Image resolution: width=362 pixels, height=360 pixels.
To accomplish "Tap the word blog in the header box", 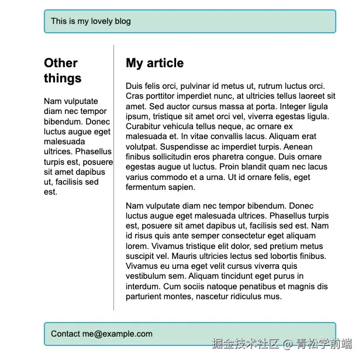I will [121, 22].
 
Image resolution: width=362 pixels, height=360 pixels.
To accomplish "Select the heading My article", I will [154, 63].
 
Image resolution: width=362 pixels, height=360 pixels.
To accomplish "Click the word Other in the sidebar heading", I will [61, 63].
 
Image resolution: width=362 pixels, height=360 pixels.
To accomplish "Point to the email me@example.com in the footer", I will [117, 334].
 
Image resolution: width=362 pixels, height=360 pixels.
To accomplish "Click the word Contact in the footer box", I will [65, 334].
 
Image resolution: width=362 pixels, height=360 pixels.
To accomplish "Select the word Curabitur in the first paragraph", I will [144, 127].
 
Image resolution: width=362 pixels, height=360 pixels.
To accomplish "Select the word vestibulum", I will [146, 276].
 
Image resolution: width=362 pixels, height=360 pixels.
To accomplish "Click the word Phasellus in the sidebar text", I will [93, 152].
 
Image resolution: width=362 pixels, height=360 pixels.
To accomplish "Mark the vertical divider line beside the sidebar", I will [114, 175].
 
